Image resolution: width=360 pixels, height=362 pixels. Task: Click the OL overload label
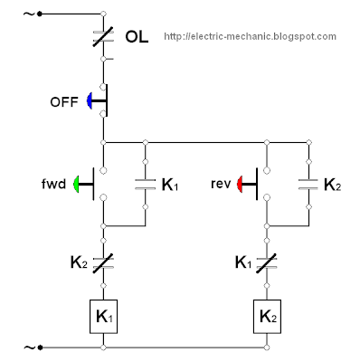(136, 37)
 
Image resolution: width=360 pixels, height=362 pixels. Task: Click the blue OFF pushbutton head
(91, 100)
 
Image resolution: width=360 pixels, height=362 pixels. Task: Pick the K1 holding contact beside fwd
(145, 185)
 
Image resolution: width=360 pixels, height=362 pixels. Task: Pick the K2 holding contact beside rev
(308, 185)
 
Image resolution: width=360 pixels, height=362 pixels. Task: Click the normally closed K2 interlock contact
(104, 263)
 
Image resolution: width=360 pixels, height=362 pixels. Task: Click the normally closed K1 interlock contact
(267, 263)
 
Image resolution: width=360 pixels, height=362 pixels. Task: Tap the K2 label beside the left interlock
(79, 262)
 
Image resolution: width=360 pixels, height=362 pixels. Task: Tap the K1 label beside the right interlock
(242, 262)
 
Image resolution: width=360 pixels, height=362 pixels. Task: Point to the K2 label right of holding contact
(332, 186)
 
